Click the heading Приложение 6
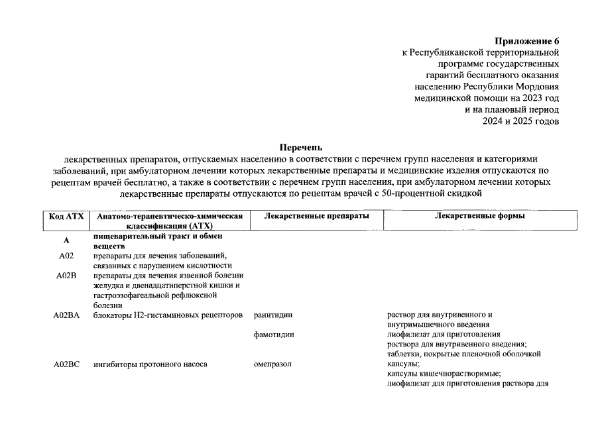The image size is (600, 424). click(x=526, y=41)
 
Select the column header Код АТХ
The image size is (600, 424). click(x=66, y=217)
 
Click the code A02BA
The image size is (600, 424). click(x=66, y=315)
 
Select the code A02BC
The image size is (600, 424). click(x=66, y=364)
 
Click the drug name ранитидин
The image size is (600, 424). click(x=273, y=315)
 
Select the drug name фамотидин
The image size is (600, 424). click(x=274, y=335)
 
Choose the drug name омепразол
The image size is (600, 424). click(x=272, y=364)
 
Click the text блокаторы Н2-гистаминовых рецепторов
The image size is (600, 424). click(x=168, y=315)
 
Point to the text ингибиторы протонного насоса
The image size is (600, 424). click(x=150, y=364)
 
